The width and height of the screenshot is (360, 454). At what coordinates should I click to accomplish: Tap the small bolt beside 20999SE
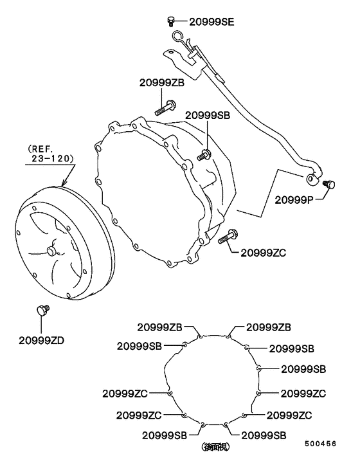tap(171, 21)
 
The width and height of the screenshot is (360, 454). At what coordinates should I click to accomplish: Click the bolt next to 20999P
tap(331, 185)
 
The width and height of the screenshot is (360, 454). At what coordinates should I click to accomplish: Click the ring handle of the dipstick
tap(179, 38)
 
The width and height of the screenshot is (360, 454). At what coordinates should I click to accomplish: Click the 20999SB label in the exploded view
tap(208, 115)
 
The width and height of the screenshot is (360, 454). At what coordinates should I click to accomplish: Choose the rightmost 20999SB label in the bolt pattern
tap(303, 368)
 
